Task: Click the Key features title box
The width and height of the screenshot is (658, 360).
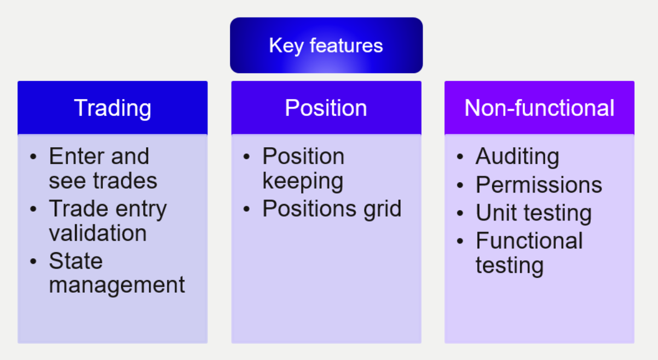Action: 326,45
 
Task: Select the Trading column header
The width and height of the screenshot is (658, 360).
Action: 113,108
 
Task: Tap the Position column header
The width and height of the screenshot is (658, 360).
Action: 326,108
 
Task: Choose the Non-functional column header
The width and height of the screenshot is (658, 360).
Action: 539,108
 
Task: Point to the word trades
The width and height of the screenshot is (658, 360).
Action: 125,181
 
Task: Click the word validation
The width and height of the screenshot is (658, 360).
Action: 98,233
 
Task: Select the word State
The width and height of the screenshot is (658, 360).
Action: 76,261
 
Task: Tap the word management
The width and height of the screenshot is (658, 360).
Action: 117,286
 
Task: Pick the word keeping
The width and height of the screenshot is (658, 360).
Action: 303,182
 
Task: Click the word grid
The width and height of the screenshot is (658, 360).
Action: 383,209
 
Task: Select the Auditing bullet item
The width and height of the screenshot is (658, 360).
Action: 517,157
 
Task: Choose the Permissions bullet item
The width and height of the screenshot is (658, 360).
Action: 539,185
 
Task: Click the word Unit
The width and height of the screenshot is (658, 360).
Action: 497,213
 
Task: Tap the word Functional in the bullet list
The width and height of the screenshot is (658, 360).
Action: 529,241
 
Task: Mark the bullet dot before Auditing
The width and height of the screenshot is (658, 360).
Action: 460,156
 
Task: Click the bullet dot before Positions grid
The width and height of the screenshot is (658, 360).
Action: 246,209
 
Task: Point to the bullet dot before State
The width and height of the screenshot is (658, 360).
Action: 33,261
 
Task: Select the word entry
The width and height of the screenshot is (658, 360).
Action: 141,210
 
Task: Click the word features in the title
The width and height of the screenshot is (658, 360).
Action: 347,45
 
